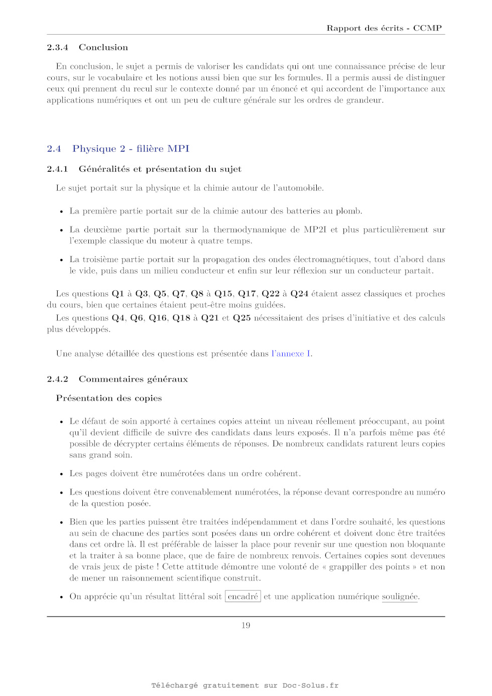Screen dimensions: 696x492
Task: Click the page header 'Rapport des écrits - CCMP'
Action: pyautogui.click(x=384, y=28)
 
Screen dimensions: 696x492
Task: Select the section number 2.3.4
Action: pyautogui.click(x=57, y=47)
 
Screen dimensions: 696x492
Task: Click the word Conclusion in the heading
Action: pyautogui.click(x=103, y=47)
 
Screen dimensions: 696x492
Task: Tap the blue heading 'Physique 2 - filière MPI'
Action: pyautogui.click(x=131, y=149)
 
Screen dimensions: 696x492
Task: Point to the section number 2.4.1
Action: pyautogui.click(x=57, y=169)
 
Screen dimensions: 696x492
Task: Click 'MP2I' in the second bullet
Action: pyautogui.click(x=315, y=229)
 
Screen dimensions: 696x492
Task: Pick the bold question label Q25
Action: pyautogui.click(x=241, y=318)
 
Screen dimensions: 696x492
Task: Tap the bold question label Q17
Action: pyautogui.click(x=247, y=294)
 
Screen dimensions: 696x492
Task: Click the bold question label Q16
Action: pyautogui.click(x=158, y=318)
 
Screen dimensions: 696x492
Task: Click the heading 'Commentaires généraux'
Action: pyautogui.click(x=133, y=379)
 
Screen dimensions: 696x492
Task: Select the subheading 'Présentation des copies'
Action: pyautogui.click(x=109, y=398)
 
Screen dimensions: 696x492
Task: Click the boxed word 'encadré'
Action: pyautogui.click(x=243, y=597)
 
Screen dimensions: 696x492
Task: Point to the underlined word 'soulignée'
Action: pyautogui.click(x=400, y=597)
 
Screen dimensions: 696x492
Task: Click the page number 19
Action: pyautogui.click(x=245, y=625)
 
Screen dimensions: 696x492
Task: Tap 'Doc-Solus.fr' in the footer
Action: pyautogui.click(x=310, y=685)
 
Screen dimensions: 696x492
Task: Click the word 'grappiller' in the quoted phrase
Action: pyautogui.click(x=351, y=567)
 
